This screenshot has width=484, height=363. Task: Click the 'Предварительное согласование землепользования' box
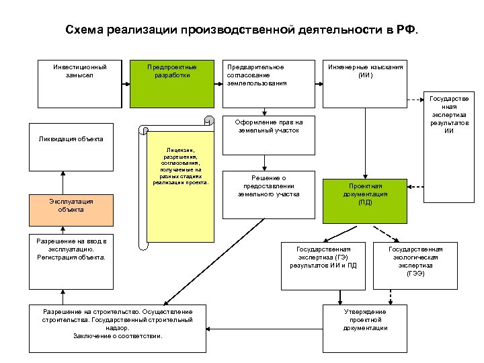pos(269,84)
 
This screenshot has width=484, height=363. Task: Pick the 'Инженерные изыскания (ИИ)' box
pos(366,84)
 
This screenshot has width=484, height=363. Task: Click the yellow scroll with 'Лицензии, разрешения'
pos(181,188)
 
